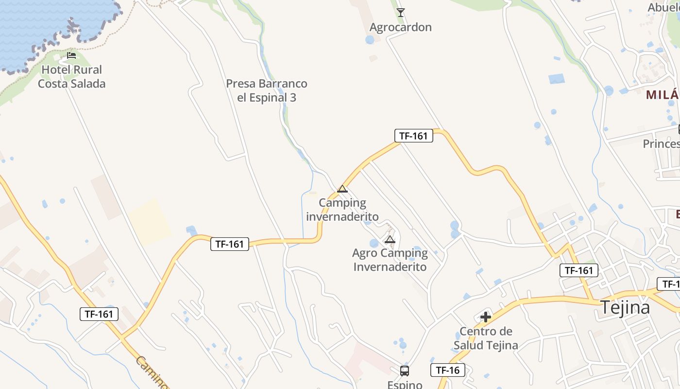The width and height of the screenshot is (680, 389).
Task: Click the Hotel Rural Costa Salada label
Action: tap(71, 77)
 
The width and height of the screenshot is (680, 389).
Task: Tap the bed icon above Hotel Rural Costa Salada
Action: tap(71, 55)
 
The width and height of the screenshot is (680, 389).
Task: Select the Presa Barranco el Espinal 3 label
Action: tap(267, 90)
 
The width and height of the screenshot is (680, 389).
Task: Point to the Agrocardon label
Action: tap(400, 27)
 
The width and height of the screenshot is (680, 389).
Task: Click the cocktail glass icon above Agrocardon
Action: tap(400, 12)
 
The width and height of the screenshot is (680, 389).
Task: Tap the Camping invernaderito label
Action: tap(342, 210)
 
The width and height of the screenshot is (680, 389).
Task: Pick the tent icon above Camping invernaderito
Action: tap(342, 189)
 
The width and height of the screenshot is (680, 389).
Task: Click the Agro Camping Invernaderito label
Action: tap(390, 260)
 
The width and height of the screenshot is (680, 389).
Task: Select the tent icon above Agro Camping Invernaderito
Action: tap(390, 239)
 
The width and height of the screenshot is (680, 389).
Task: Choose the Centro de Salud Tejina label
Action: tap(486, 338)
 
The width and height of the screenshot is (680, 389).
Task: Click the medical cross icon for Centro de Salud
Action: tap(486, 317)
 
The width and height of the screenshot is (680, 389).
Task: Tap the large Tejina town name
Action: tap(625, 308)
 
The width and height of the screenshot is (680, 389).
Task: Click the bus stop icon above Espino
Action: tap(405, 371)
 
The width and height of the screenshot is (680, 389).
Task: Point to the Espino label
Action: tap(405, 384)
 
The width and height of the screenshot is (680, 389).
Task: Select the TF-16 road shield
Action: tap(448, 370)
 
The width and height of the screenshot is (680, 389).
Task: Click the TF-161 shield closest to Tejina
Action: tap(578, 270)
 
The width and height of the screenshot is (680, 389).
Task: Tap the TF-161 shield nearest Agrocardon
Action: tap(413, 136)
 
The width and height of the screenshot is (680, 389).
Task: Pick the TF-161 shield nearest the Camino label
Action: tap(99, 314)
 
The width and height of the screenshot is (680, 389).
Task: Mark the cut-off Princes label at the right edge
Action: tap(661, 144)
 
